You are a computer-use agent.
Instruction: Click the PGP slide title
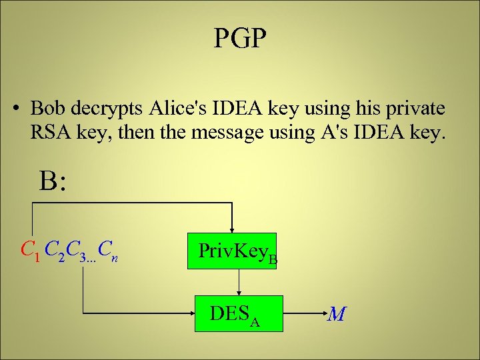pos(240,39)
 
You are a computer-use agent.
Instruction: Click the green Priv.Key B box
pos(232,251)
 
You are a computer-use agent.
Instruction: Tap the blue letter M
pos(336,313)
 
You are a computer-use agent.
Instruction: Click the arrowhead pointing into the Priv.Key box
pos(231,227)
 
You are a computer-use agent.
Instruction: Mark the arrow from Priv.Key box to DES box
pos(239,283)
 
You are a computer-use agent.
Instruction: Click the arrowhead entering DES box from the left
pos(193,313)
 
